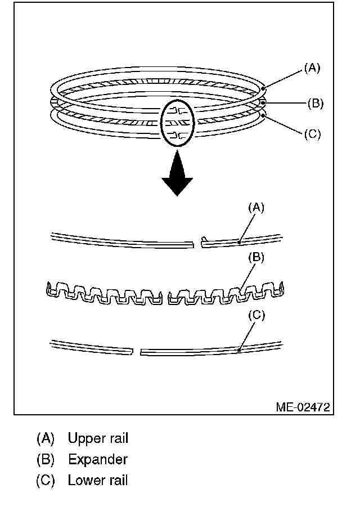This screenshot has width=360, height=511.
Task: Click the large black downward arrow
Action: point(177,176)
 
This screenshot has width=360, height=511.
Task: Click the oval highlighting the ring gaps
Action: point(177,121)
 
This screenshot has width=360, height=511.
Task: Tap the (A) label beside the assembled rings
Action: point(312,68)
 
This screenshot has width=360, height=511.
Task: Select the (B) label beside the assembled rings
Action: point(316,103)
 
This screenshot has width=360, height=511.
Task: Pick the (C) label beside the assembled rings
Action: point(312,135)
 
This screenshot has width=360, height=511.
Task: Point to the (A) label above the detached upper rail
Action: point(256,207)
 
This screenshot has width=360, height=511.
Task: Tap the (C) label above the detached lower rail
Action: point(256,315)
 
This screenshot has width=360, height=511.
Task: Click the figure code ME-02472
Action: point(303,406)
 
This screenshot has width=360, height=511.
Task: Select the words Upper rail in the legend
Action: point(98,438)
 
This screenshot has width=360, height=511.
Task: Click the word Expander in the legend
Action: point(98,459)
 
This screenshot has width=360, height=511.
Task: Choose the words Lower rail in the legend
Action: point(98,481)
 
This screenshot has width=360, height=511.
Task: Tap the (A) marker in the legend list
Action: point(46,438)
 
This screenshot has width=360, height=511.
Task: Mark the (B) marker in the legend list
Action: point(46,459)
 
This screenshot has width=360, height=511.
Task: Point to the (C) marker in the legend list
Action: point(46,481)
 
